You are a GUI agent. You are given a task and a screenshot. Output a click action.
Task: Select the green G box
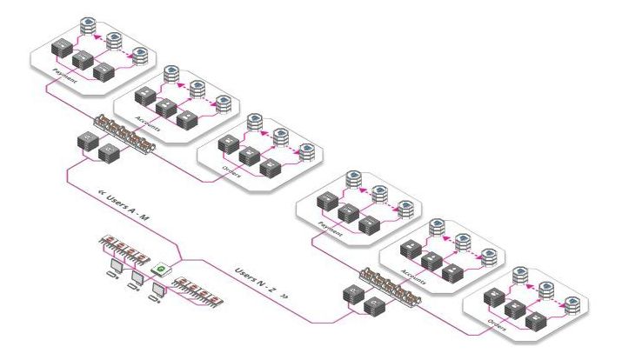coord(159,270)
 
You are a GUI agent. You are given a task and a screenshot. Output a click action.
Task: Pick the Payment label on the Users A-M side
coord(64,72)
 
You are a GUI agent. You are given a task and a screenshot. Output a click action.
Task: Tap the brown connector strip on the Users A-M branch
coord(127,135)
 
